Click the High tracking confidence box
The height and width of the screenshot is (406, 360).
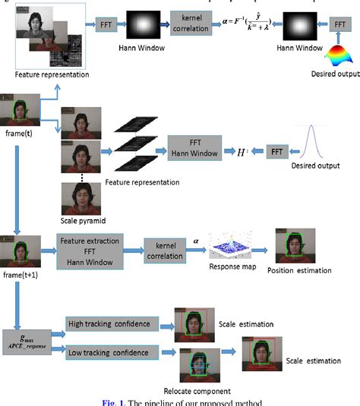click(111, 325)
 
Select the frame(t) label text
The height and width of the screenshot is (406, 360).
click(19, 132)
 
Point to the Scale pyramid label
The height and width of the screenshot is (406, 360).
click(82, 222)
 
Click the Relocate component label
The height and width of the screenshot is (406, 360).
click(200, 394)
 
